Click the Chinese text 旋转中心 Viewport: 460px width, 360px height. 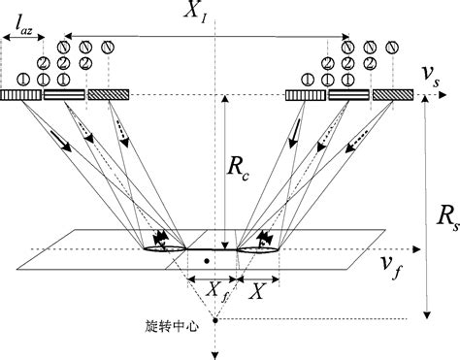pyautogui.click(x=179, y=326)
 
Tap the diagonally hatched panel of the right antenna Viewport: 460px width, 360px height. pyautogui.click(x=392, y=95)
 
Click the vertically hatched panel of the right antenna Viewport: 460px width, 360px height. pyautogui.click(x=306, y=95)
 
